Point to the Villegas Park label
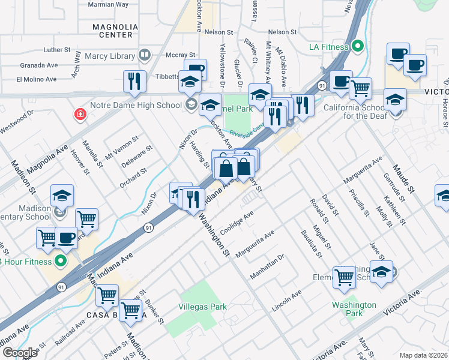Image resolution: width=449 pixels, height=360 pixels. tap(203, 307)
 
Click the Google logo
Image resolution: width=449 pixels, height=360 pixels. tap(20, 352)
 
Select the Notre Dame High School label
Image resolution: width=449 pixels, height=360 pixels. tap(135, 105)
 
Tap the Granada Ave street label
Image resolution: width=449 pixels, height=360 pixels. tap(38, 64)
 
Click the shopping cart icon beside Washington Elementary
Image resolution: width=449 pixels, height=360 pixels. tap(344, 276)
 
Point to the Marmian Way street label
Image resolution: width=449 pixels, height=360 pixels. tap(108, 4)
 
